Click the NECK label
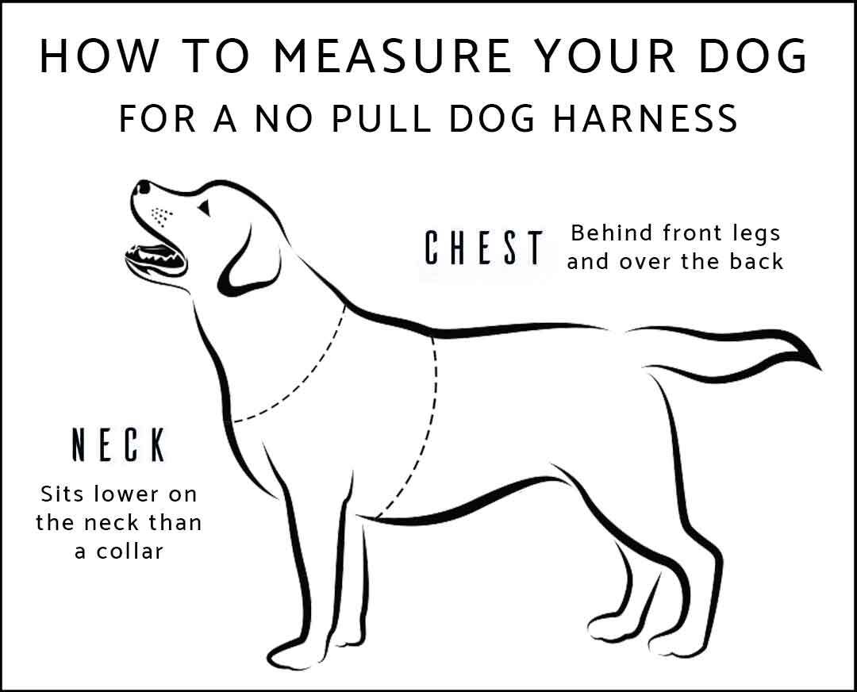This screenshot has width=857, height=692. pyautogui.click(x=119, y=446)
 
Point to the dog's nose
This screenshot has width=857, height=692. pyautogui.click(x=143, y=187)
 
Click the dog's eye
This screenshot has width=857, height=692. pyautogui.click(x=204, y=208)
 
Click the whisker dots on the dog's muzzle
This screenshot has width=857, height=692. pyautogui.click(x=162, y=214)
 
